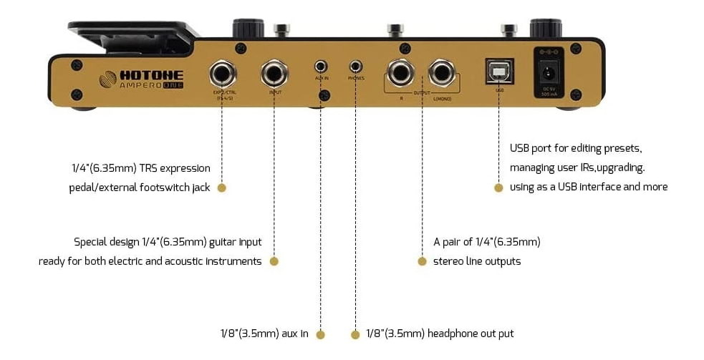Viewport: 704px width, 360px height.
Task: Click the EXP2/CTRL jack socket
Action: tap(221, 72)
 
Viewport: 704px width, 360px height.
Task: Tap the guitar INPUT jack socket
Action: tap(274, 72)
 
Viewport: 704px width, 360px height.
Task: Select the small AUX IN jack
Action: tap(320, 67)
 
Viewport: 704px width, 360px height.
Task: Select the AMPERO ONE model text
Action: tap(150, 87)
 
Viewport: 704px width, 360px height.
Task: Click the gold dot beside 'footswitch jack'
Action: tap(221, 188)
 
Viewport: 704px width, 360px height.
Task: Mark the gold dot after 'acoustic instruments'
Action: tap(274, 261)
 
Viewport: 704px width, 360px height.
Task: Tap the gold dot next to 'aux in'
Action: tap(320, 334)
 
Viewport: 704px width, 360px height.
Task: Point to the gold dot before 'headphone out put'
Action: tap(355, 334)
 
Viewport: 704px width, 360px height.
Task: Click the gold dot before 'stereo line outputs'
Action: tap(422, 261)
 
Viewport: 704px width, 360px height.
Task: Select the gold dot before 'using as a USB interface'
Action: tap(498, 188)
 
